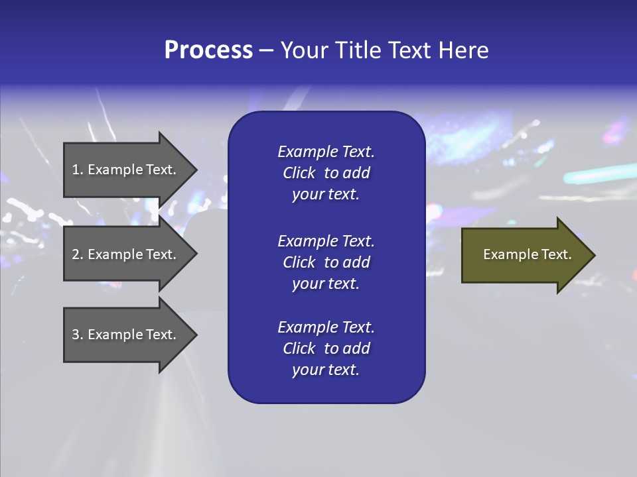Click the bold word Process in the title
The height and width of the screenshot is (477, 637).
pyautogui.click(x=208, y=50)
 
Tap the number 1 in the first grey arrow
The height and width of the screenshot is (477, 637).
pyautogui.click(x=76, y=170)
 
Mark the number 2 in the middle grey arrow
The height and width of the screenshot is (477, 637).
pyautogui.click(x=76, y=254)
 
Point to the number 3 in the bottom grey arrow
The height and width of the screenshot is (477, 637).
pyautogui.click(x=76, y=335)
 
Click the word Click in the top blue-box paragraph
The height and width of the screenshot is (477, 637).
pyautogui.click(x=299, y=173)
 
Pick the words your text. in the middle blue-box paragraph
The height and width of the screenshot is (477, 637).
pyautogui.click(x=326, y=284)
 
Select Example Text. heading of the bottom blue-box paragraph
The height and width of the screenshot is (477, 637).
pyautogui.click(x=326, y=327)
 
